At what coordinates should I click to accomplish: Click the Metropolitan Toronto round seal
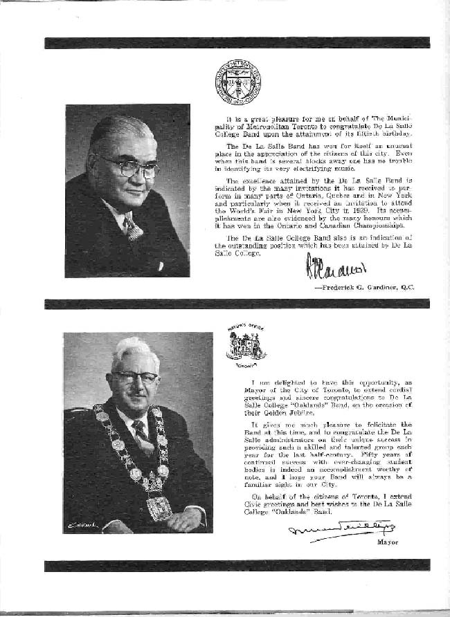coord(237,82)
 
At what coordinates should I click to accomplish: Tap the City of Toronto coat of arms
coord(246,344)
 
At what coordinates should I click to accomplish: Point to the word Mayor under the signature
coord(388,542)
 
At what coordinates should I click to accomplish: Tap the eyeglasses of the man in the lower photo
coord(134,377)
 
